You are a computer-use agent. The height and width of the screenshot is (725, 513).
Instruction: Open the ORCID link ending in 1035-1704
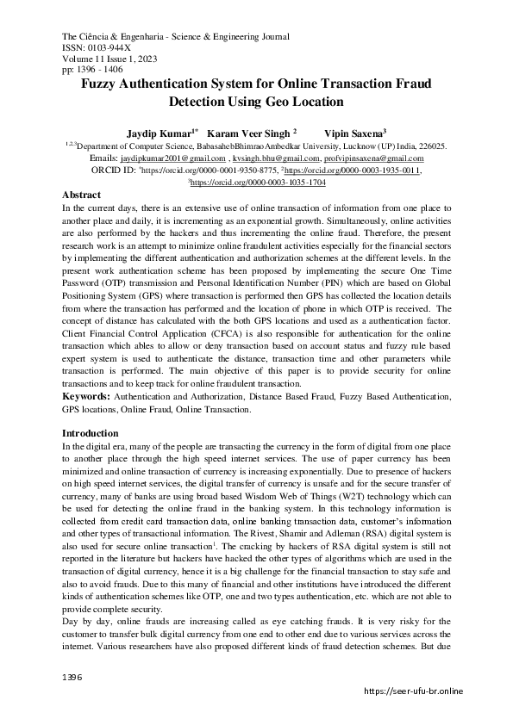[x=258, y=183]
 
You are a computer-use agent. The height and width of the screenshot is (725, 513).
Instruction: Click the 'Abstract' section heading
[x=83, y=196]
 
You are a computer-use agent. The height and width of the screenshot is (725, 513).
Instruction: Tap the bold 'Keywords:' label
[x=88, y=398]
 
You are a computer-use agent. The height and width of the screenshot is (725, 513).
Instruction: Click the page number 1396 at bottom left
[x=72, y=679]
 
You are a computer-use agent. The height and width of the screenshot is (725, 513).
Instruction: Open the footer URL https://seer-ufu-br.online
[x=415, y=691]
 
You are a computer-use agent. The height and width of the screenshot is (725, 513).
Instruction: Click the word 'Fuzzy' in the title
[x=103, y=84]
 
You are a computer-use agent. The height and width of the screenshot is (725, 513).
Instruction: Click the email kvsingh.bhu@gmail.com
[x=277, y=159]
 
